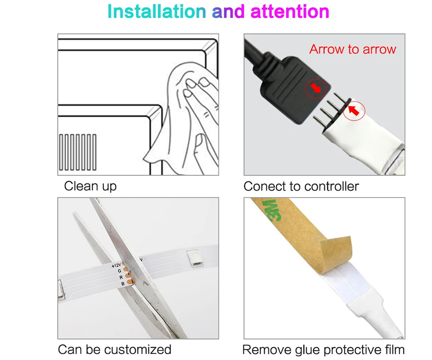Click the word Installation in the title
click(157, 12)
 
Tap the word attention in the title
click(289, 12)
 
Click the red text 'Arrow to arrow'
click(352, 49)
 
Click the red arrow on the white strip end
click(355, 109)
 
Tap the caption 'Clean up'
click(90, 186)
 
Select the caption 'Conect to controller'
click(301, 186)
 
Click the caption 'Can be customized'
click(114, 349)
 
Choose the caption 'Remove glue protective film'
click(323, 350)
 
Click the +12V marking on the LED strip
click(116, 266)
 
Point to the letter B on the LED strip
click(123, 283)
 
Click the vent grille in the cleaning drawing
click(77, 151)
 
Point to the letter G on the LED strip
click(119, 271)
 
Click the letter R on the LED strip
click(121, 277)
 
